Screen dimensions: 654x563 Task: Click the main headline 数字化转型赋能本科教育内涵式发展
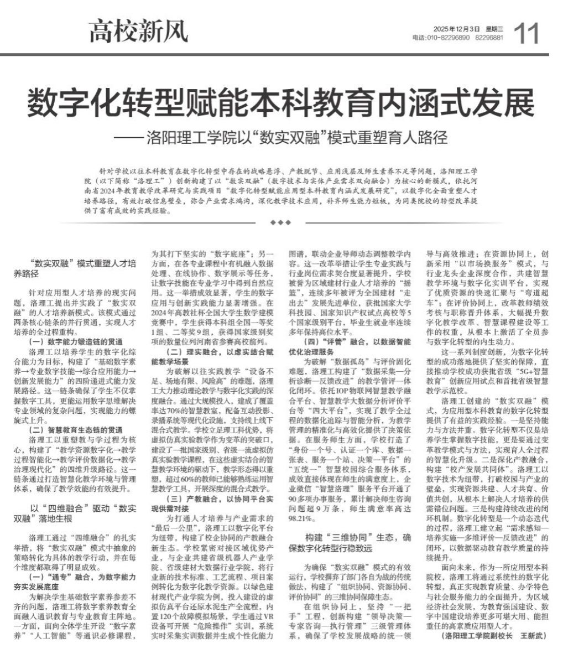(x=281, y=102)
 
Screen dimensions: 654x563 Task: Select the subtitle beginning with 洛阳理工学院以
(x=288, y=137)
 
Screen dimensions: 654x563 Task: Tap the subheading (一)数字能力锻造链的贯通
(x=77, y=341)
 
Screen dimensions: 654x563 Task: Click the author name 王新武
(x=530, y=636)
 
